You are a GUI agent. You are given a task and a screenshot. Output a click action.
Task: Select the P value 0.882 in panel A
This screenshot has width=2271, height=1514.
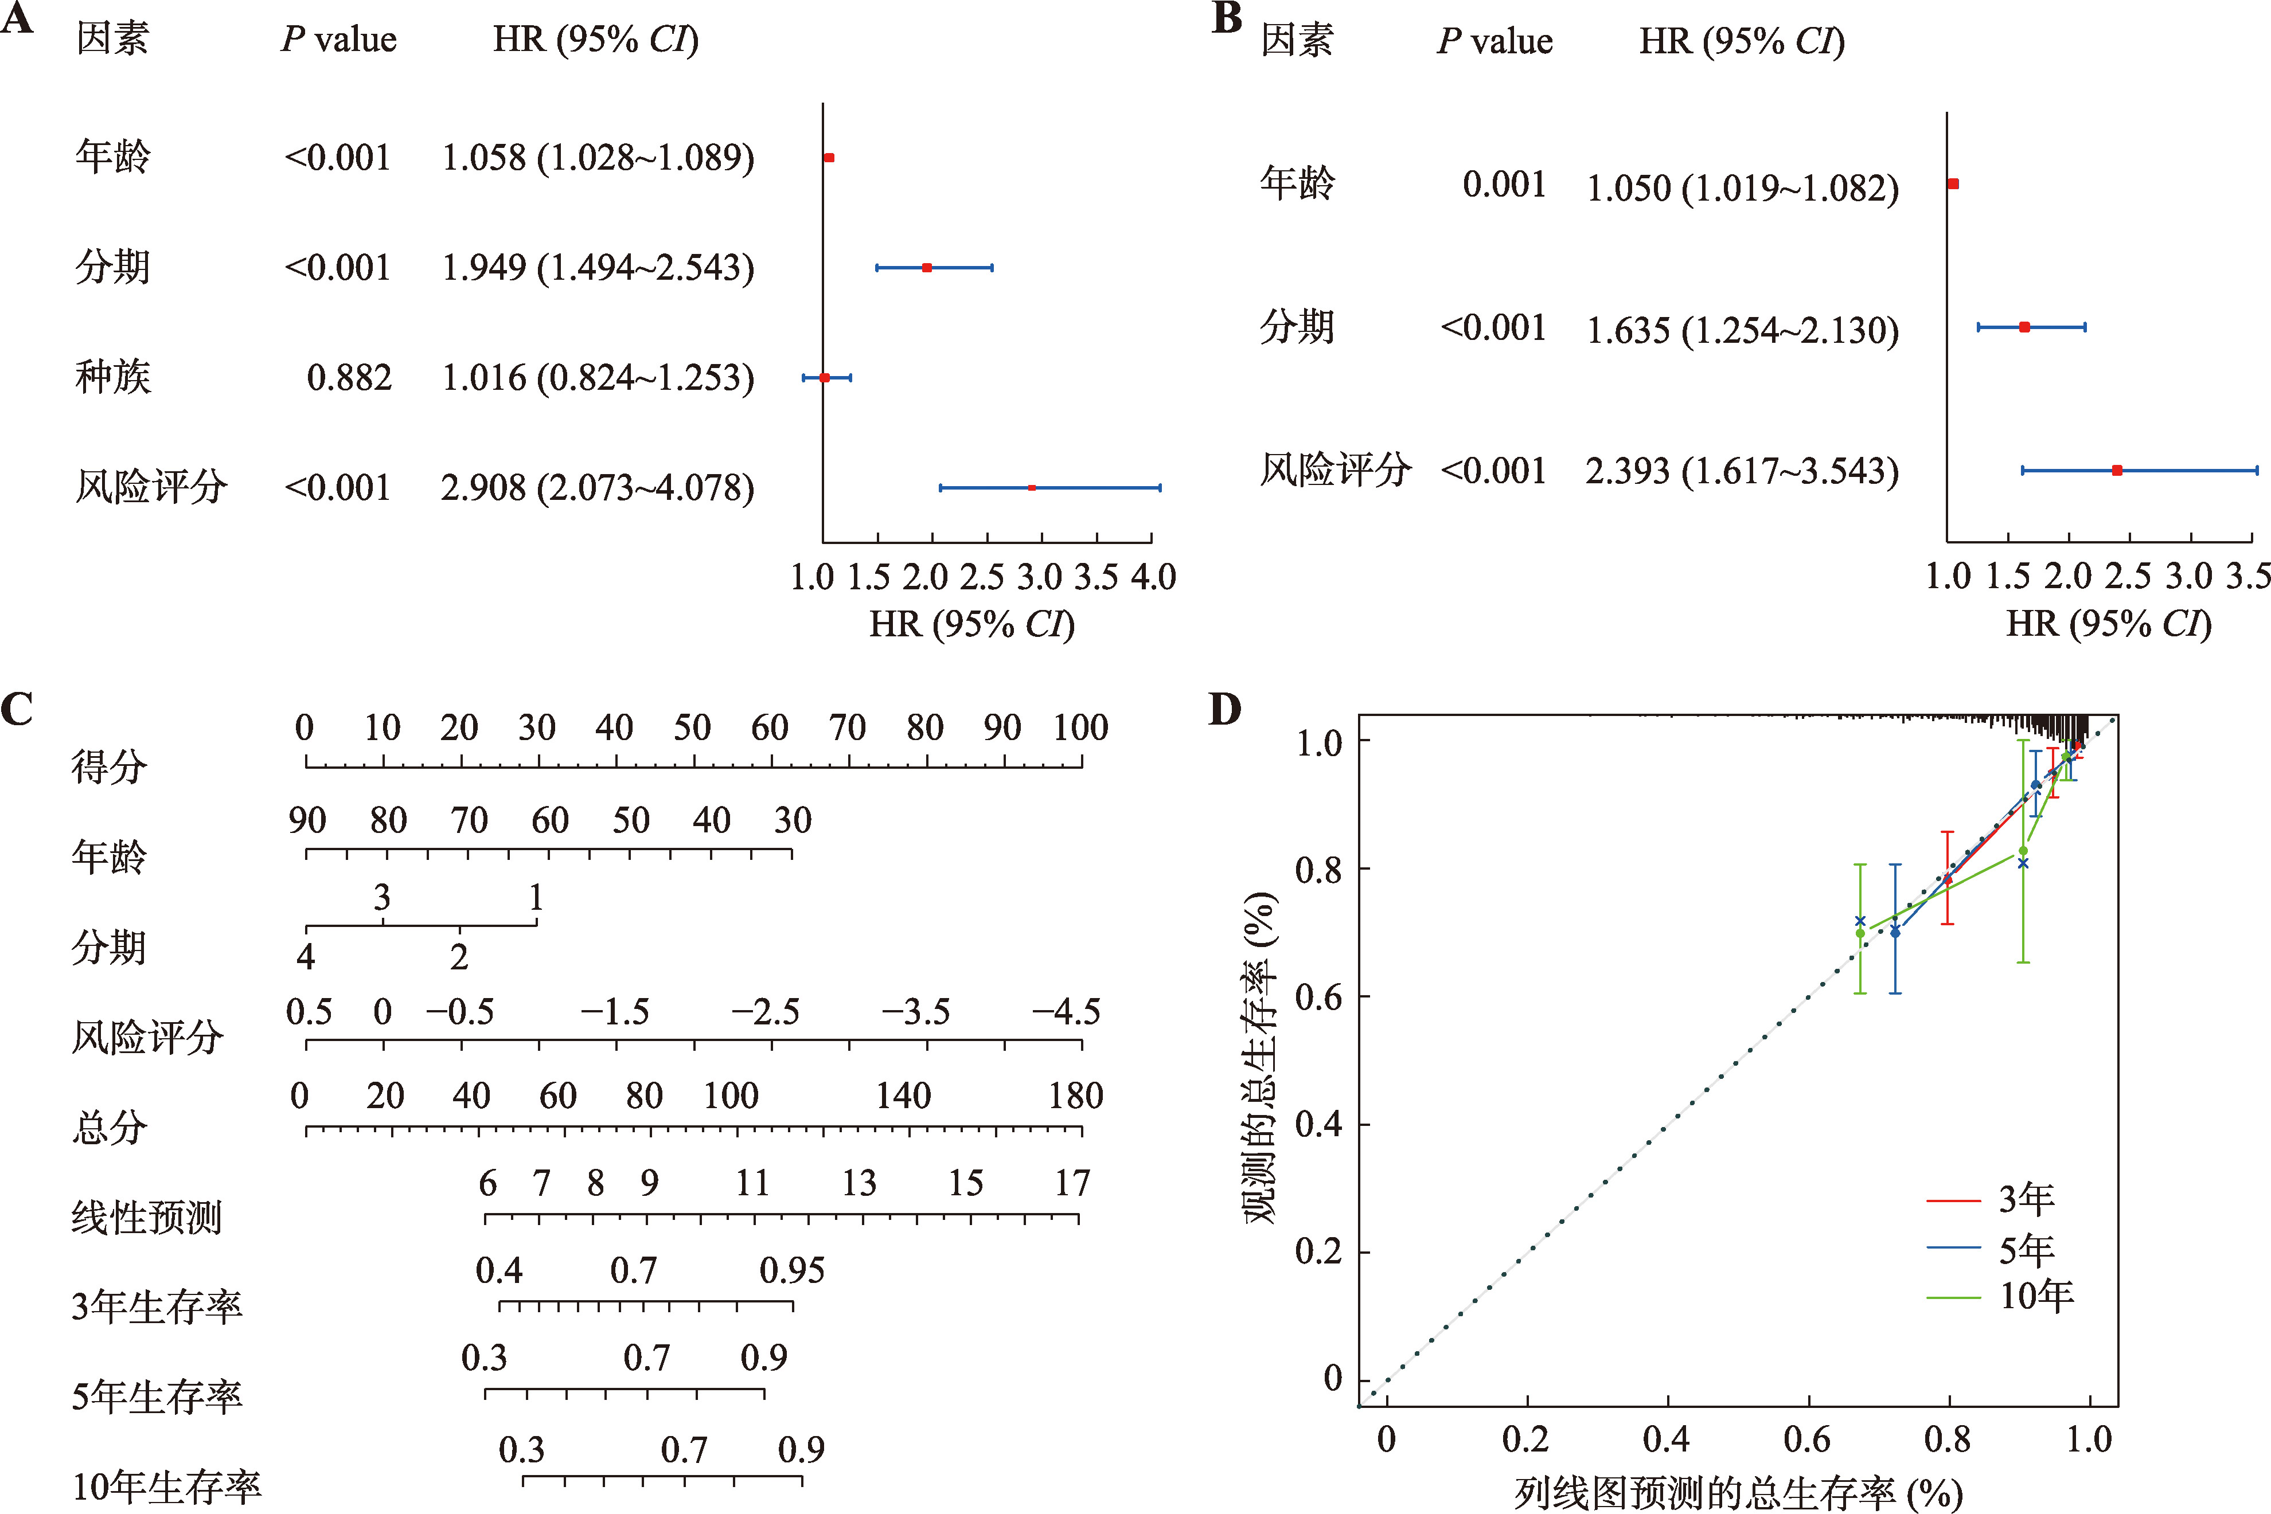click(349, 378)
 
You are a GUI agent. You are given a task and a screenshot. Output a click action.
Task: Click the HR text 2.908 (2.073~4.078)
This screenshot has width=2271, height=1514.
click(597, 488)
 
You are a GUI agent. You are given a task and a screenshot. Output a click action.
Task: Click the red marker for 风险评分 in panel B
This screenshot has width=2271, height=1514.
click(2116, 470)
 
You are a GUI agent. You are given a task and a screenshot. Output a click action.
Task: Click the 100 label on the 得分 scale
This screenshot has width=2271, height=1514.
click(1080, 727)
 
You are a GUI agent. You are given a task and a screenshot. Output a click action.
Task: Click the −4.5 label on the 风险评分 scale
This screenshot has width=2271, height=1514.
click(1066, 1012)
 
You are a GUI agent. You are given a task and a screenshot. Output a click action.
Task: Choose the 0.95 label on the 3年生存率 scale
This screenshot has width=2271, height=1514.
click(792, 1270)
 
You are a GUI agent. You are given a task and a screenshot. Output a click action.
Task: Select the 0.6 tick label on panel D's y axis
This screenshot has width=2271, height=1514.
click(1318, 996)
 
